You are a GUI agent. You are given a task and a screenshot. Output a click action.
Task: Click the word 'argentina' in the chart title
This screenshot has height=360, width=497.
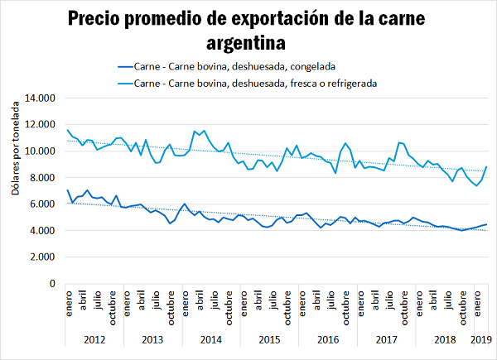[x=248, y=41]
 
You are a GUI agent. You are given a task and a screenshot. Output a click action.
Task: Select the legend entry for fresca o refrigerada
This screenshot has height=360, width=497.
[x=257, y=82]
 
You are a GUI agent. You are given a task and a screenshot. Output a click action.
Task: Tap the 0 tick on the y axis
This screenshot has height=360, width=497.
[x=52, y=284]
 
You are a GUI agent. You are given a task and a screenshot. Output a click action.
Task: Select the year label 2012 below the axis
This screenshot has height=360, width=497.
[x=94, y=339]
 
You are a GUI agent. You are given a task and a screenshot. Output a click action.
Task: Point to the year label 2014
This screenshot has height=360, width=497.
[x=210, y=339]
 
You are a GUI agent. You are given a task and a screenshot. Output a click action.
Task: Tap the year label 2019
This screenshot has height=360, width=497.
[x=481, y=339]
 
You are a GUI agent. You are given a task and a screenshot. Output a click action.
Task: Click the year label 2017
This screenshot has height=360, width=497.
[x=386, y=339]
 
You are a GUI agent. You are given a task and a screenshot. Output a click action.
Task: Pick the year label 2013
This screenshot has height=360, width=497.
[x=152, y=339]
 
